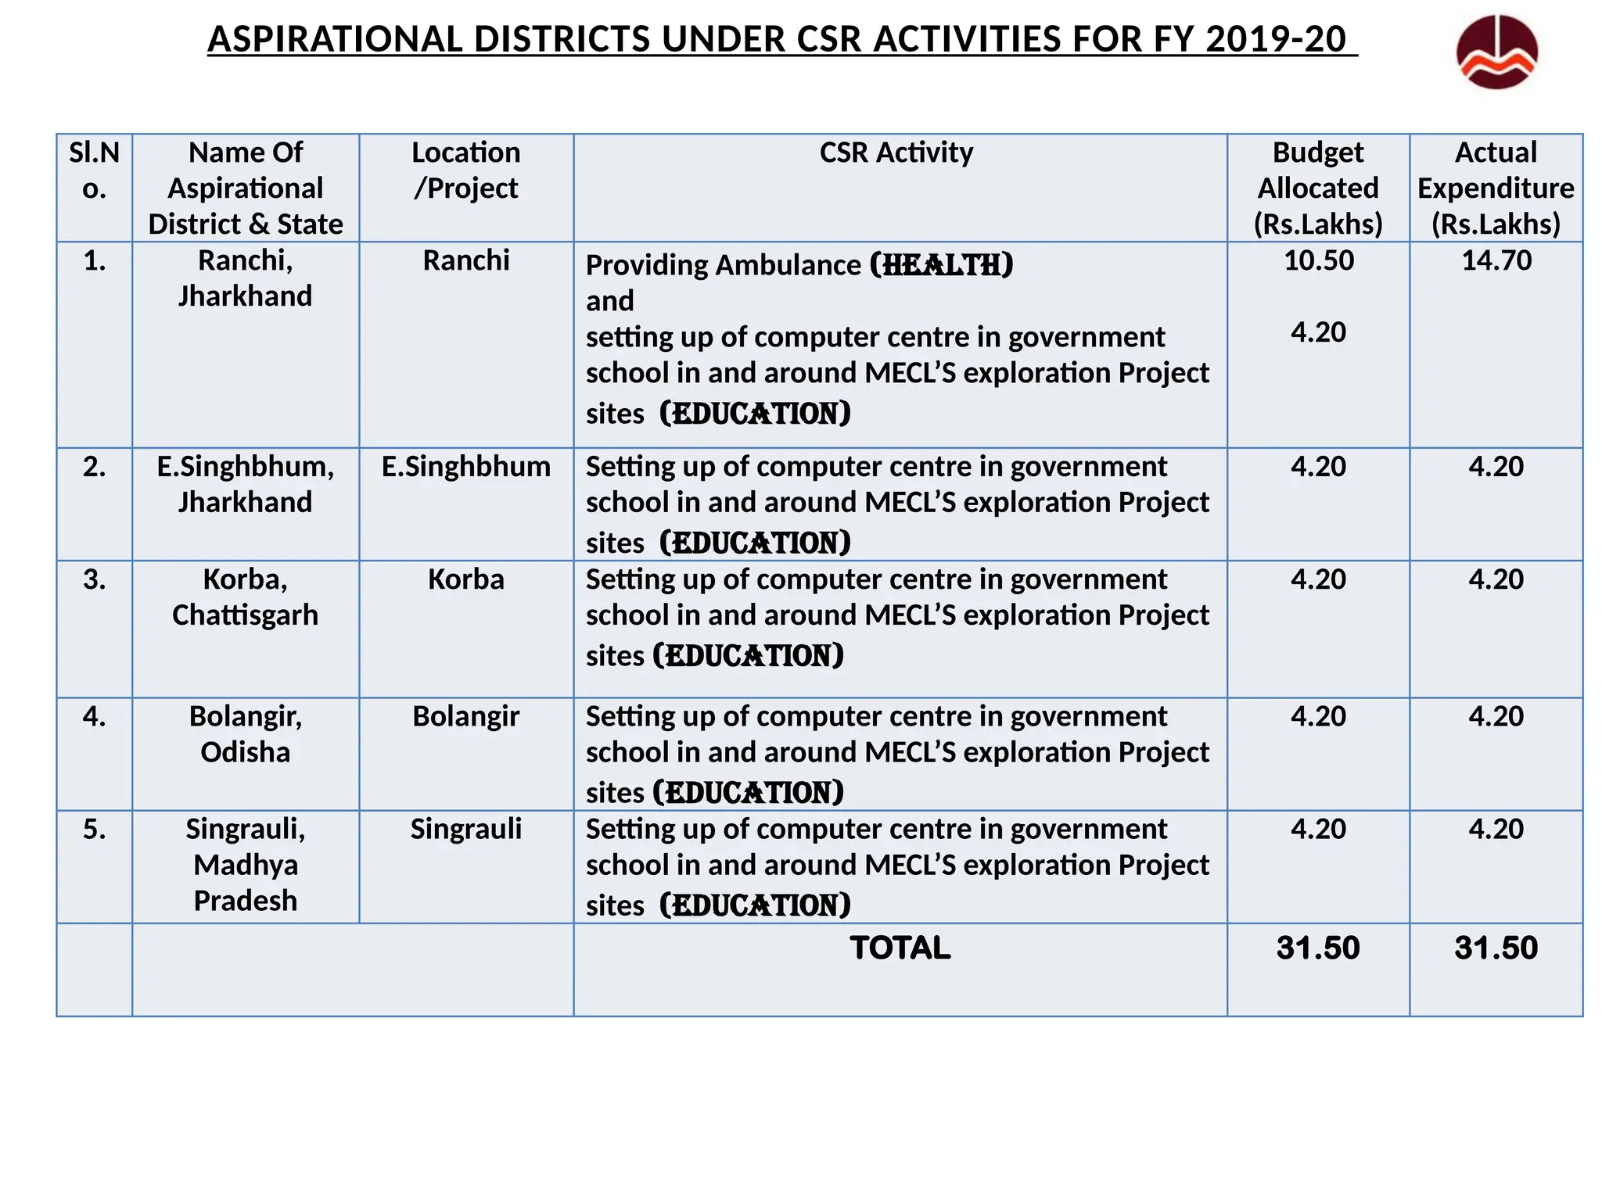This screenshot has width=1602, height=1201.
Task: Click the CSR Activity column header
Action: [896, 152]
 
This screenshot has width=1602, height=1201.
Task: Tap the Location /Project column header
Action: [465, 170]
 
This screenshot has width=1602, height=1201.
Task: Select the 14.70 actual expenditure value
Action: [1496, 260]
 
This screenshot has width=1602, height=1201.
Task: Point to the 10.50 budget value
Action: [1318, 260]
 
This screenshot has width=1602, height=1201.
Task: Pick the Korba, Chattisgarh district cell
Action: [245, 597]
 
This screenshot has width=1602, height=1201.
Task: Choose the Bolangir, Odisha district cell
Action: [245, 734]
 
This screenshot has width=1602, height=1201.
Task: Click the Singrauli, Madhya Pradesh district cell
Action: [245, 865]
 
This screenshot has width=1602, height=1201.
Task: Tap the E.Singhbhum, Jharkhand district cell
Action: [245, 484]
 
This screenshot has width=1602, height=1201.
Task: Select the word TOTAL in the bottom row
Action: [900, 948]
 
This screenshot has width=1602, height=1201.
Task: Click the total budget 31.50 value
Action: [1318, 948]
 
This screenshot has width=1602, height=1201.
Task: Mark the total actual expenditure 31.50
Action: [1496, 948]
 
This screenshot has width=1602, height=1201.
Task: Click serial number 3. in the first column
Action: [95, 579]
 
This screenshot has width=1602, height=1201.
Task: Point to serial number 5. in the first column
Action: [95, 829]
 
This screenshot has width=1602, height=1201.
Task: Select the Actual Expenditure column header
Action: [1496, 188]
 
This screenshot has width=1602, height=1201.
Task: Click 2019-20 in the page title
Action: [1275, 40]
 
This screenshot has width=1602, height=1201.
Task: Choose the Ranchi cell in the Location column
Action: [465, 260]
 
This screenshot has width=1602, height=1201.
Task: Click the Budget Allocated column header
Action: [1318, 188]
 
